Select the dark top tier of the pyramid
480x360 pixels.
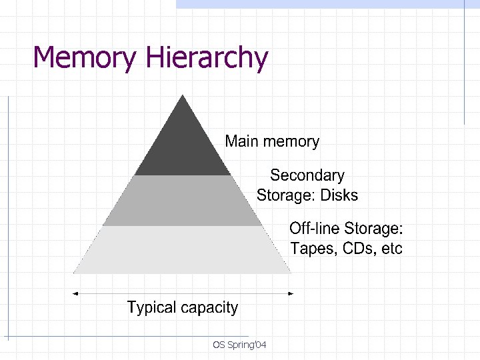click(183, 147)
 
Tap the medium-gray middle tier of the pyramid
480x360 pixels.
click(183, 200)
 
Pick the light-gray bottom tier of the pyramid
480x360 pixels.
click(183, 250)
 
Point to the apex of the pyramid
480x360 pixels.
click(183, 97)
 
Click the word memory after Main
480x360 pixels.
click(291, 142)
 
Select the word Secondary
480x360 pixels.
click(307, 175)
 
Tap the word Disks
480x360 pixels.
click(339, 195)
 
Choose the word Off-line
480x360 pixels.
click(314, 229)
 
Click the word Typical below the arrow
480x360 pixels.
click(150, 308)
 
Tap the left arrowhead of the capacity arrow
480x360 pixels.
click(76, 293)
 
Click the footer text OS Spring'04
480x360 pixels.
click(239, 345)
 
